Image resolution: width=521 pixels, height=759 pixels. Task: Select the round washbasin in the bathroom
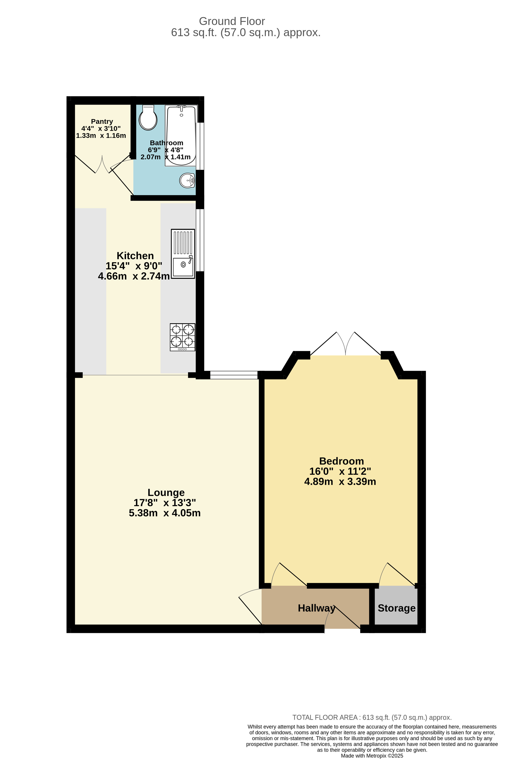[x=187, y=180]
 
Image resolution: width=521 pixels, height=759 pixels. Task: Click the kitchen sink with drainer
[x=183, y=254]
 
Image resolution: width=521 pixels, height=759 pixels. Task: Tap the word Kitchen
[x=135, y=256]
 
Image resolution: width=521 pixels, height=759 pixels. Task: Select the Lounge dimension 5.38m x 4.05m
[x=165, y=513]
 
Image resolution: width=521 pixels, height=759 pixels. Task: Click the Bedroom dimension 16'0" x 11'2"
[x=340, y=471]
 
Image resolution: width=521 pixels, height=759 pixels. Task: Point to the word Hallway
[x=316, y=608]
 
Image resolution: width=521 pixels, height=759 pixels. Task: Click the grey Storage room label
[x=396, y=608]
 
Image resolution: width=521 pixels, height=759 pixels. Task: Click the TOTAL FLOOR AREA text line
[x=372, y=718]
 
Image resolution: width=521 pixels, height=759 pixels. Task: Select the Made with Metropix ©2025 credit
[x=372, y=756]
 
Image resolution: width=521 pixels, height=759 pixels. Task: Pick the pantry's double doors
[x=102, y=165]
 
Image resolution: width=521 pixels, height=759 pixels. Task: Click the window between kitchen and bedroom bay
[x=234, y=375]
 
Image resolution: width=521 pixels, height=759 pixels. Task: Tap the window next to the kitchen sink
[x=202, y=240]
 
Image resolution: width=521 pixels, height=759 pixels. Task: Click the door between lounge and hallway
[x=250, y=609]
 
